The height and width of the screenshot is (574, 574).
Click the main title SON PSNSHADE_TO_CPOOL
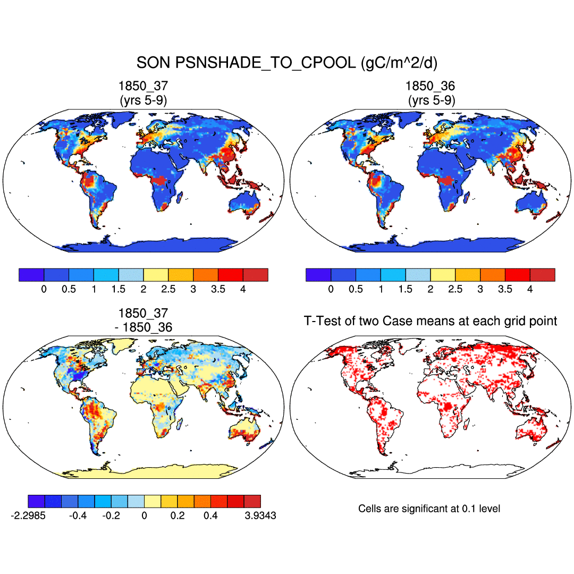(x=287, y=63)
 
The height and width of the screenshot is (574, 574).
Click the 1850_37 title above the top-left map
(x=143, y=86)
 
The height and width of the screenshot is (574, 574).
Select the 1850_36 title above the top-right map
(x=430, y=86)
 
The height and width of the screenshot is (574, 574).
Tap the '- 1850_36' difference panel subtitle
(x=143, y=327)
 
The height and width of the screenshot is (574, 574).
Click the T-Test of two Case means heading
(x=430, y=320)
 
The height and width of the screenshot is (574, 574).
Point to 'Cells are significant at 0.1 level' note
(x=429, y=509)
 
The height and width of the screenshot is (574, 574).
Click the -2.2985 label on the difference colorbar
(x=28, y=516)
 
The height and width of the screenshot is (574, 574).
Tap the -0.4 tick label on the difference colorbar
(x=78, y=516)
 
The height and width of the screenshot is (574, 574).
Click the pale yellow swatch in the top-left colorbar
(x=156, y=275)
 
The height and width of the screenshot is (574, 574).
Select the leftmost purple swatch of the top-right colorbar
(x=318, y=275)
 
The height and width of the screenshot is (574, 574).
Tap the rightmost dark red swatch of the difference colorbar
(x=252, y=501)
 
